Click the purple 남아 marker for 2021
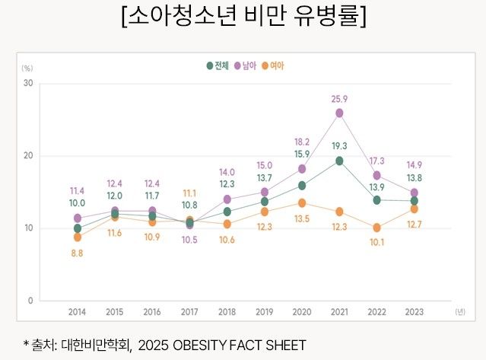coord(339,113)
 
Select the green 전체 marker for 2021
coord(339,161)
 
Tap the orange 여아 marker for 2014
coord(78,237)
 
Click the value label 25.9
coord(339,99)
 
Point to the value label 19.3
coord(339,146)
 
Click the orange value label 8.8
coord(78,253)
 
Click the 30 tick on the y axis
coord(27,83)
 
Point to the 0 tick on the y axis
coord(30,301)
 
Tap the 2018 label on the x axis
coord(227,312)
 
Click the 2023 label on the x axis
coord(414,312)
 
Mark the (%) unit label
coord(27,68)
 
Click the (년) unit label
coord(460,312)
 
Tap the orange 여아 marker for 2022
coord(376,228)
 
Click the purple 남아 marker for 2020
coord(302,168)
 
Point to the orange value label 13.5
coord(302,219)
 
